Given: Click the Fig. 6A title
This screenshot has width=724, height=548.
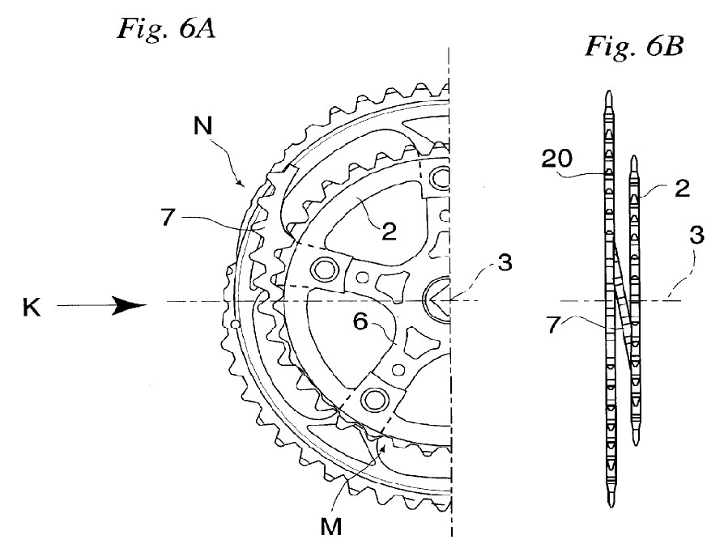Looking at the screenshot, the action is [x=166, y=28].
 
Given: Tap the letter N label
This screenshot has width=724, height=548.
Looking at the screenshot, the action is [x=202, y=125].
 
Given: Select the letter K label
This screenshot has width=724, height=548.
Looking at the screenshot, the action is [x=32, y=307].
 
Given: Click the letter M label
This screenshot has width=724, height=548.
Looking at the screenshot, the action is [x=331, y=525].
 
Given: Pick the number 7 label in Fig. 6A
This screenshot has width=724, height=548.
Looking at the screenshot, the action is [x=168, y=217].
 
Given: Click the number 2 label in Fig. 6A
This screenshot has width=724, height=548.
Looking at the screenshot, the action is [x=389, y=231].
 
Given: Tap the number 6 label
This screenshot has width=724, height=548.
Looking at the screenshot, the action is [x=360, y=321].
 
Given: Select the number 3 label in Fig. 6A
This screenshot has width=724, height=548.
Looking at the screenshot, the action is [x=505, y=262].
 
